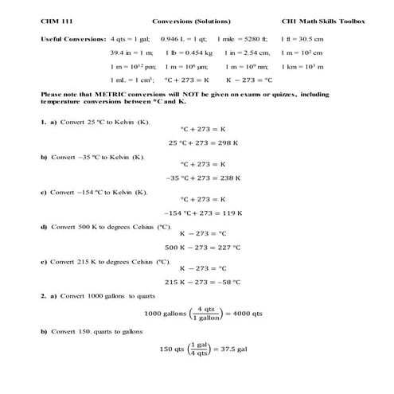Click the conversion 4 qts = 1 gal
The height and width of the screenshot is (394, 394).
(x=131, y=38)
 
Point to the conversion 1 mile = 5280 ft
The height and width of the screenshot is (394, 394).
(x=242, y=38)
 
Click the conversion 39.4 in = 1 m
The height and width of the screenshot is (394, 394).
(x=133, y=52)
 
